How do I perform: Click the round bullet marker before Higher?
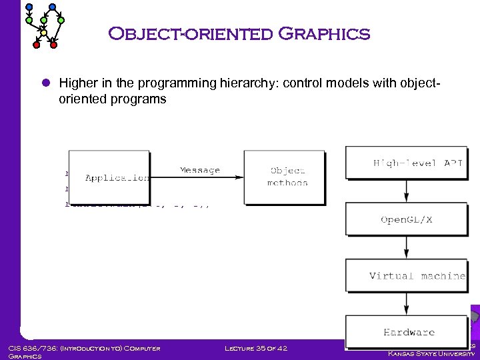click(46, 84)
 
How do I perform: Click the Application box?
click(109, 177)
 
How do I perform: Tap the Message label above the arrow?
click(199, 170)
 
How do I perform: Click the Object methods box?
click(285, 177)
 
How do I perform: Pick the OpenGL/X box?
click(406, 219)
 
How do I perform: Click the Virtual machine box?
click(406, 275)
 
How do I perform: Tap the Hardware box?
click(406, 331)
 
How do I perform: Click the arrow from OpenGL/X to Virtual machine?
click(406, 247)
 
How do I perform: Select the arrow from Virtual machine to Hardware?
click(406, 303)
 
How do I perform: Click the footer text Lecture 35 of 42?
click(256, 348)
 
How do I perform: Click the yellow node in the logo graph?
click(43, 32)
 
